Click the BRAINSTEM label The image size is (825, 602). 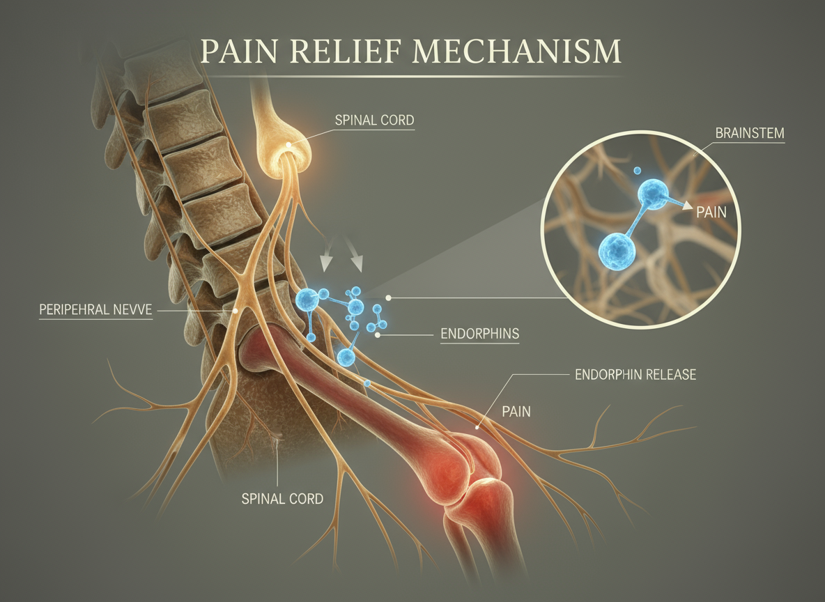(749, 132)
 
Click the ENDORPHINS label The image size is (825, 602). (480, 334)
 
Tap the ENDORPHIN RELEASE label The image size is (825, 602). (635, 375)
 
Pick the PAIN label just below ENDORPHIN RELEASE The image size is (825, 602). (516, 412)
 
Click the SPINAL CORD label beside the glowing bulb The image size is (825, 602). (374, 121)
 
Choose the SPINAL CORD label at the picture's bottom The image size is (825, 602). (282, 498)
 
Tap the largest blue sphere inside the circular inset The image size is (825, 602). (618, 249)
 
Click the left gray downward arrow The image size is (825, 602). (325, 262)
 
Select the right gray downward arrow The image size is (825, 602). (359, 262)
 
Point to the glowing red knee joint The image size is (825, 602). (474, 467)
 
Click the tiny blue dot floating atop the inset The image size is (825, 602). (637, 169)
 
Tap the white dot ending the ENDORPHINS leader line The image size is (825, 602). (377, 334)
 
